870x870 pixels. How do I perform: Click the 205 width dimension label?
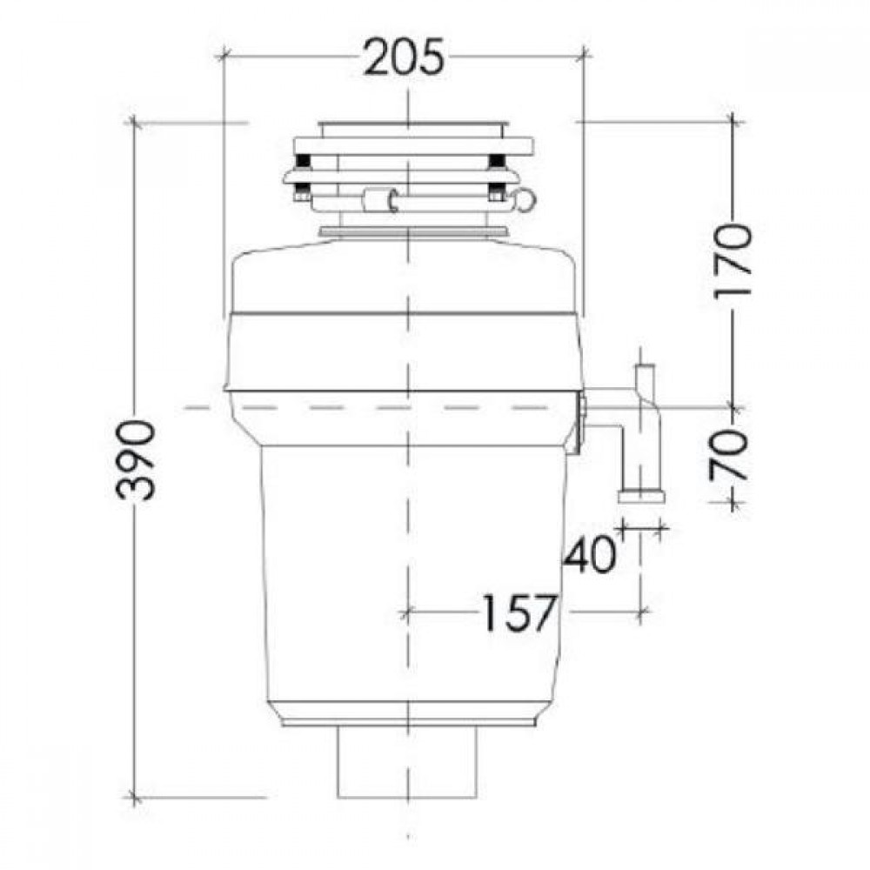pyautogui.click(x=405, y=57)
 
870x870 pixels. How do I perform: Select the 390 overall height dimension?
pyautogui.click(x=136, y=460)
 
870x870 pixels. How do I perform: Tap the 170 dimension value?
pyautogui.click(x=733, y=261)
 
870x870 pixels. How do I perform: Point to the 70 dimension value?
pyautogui.click(x=728, y=456)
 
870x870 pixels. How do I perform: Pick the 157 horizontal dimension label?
pyautogui.click(x=519, y=613)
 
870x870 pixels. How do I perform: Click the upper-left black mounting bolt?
pyautogui.click(x=303, y=162)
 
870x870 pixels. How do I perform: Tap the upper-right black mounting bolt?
pyautogui.click(x=495, y=162)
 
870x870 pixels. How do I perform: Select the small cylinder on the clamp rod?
pyautogui.click(x=378, y=200)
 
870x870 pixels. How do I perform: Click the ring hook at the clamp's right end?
pyautogui.click(x=525, y=199)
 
